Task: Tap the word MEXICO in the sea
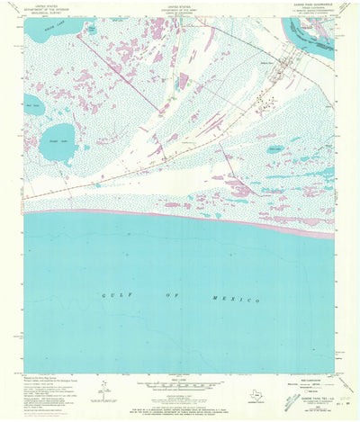(x=238, y=298)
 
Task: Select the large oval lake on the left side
(x=58, y=141)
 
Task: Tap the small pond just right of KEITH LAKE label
(x=90, y=30)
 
